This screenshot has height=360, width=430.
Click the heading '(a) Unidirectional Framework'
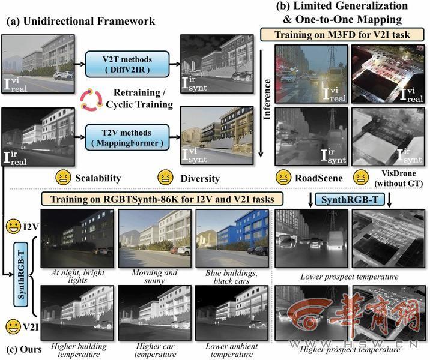click(x=80, y=21)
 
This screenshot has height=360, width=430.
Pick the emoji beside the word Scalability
click(x=62, y=178)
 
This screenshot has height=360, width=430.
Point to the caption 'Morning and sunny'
click(x=155, y=276)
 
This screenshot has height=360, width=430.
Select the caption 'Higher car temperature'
click(x=155, y=350)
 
